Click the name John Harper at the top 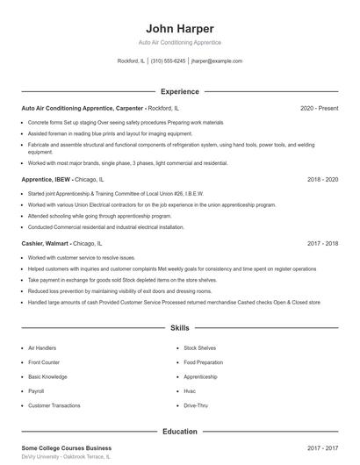coord(179,28)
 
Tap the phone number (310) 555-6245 coord(168,61)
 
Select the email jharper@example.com coord(216,61)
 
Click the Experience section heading coord(179,91)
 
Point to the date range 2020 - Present coord(319,108)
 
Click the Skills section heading coord(179,328)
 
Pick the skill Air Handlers coord(42,348)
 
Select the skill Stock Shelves coord(199,348)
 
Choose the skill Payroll coord(36,391)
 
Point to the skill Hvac coord(190,391)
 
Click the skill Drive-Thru coord(196,405)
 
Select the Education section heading coord(179,432)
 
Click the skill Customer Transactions coord(53,405)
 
